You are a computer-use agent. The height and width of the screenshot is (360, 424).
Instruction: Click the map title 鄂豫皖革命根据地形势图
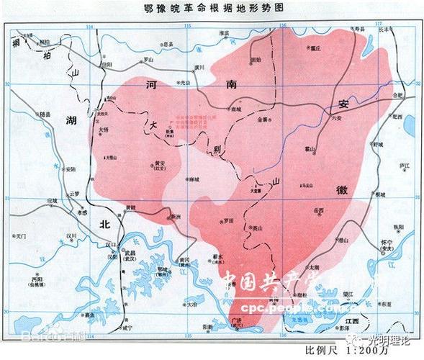[211, 8]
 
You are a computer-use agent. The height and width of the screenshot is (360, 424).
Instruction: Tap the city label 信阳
[107, 63]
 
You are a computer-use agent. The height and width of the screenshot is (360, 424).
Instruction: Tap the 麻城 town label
[194, 179]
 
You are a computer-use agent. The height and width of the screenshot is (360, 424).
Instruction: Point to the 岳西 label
[319, 211]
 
